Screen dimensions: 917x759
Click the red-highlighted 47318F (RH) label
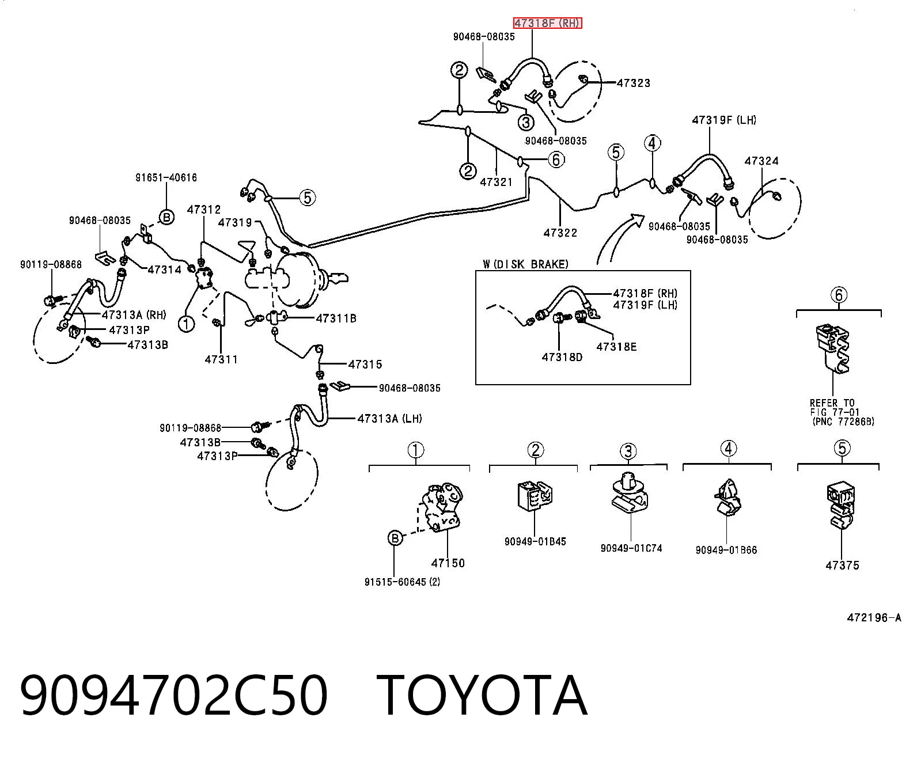click(548, 23)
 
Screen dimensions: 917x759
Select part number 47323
click(633, 83)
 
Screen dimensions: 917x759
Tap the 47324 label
click(761, 161)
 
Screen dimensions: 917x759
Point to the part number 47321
click(497, 182)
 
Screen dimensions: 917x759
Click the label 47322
click(560, 233)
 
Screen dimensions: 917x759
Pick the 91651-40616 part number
click(166, 177)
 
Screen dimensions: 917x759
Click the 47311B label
click(336, 318)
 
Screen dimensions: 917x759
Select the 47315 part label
click(365, 364)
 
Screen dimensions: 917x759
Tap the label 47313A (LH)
click(389, 419)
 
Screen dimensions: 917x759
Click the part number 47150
click(448, 563)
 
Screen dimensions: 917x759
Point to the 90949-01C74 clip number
click(631, 548)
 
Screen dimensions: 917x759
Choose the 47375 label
click(842, 566)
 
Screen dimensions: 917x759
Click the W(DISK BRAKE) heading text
click(526, 264)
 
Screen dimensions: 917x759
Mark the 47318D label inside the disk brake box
click(562, 357)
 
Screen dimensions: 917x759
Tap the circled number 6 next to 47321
click(556, 160)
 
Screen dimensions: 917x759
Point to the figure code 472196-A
click(874, 618)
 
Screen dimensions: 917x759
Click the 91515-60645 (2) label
click(402, 582)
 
